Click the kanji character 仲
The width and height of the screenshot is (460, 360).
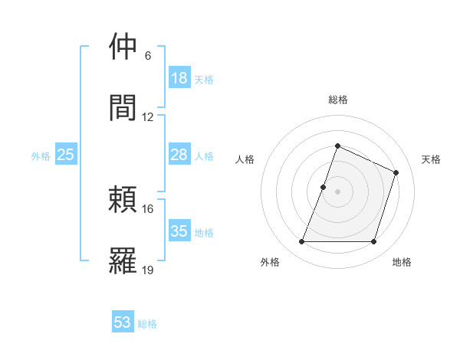click(123, 47)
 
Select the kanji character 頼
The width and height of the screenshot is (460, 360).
click(123, 199)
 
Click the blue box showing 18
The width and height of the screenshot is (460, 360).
click(179, 78)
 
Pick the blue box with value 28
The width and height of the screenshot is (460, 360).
click(179, 155)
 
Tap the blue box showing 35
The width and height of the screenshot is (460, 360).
click(179, 231)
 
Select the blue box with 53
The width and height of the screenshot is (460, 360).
click(123, 322)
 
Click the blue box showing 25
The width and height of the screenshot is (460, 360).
click(66, 155)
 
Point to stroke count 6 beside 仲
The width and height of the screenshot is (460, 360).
click(148, 56)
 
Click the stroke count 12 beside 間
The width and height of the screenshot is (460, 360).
click(148, 117)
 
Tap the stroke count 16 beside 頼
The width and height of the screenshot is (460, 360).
click(148, 208)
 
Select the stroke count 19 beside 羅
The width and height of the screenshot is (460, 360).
click(148, 270)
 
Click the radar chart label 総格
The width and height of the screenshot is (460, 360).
click(337, 100)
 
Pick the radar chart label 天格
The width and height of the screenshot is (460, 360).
click(432, 159)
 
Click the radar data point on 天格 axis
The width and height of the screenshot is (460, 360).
click(396, 172)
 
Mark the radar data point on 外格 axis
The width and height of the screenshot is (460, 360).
click(301, 242)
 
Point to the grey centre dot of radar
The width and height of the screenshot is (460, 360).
click(337, 191)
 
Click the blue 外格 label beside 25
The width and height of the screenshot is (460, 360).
click(41, 155)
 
